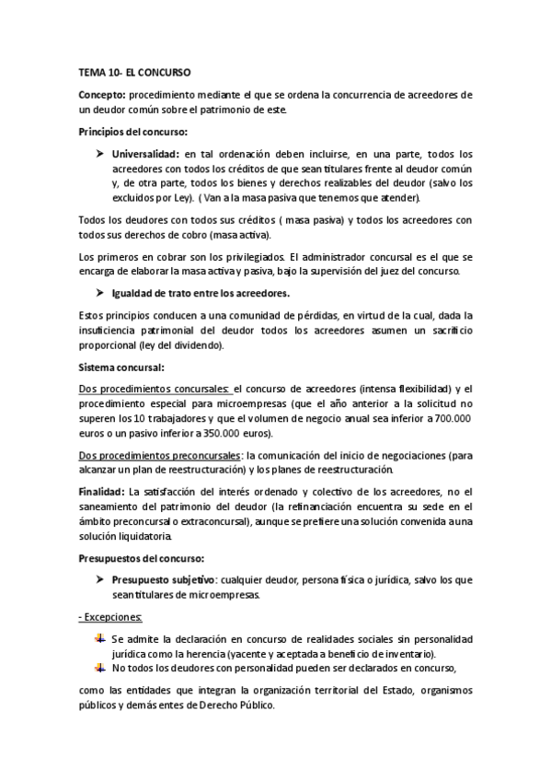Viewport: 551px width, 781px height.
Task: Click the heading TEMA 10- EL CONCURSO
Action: pos(134,71)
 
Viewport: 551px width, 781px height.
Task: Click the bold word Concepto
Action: pos(102,95)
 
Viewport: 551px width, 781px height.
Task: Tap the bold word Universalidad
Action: pos(144,155)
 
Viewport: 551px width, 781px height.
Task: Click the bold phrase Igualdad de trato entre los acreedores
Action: pos(201,293)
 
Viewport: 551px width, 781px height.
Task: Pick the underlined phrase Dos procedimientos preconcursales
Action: pos(160,455)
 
